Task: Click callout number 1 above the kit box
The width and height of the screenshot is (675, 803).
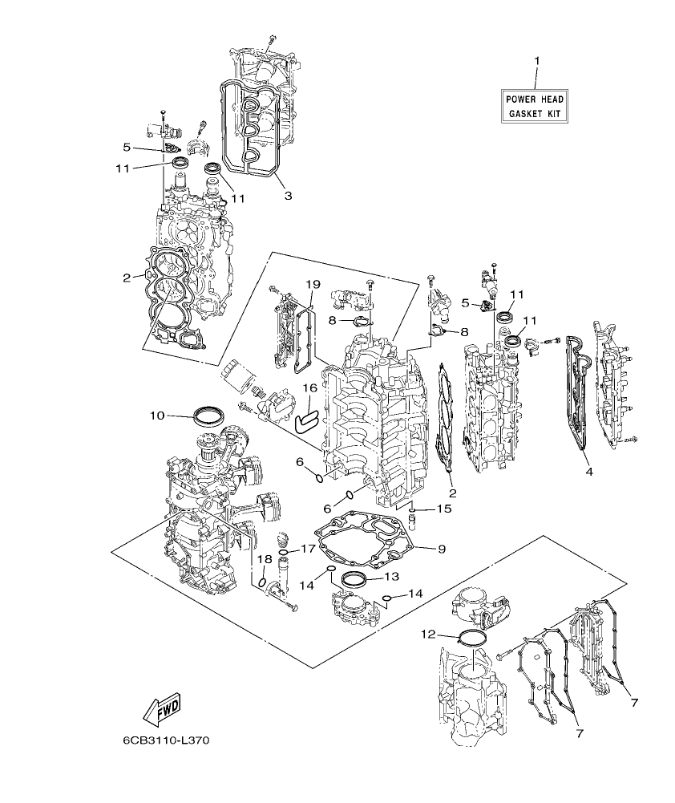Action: [x=537, y=61]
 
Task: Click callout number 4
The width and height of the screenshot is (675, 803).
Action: [x=588, y=472]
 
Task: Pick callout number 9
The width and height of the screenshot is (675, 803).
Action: [x=441, y=549]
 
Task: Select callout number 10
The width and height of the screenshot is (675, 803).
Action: [x=157, y=416]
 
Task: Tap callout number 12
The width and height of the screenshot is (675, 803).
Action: [x=430, y=635]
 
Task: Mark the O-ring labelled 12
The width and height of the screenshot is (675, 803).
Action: [x=473, y=639]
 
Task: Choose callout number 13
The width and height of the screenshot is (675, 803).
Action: [x=390, y=576]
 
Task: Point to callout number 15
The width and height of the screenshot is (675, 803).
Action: [x=443, y=509]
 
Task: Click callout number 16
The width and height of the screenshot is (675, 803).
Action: [x=309, y=388]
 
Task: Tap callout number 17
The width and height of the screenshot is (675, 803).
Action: [x=309, y=549]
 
